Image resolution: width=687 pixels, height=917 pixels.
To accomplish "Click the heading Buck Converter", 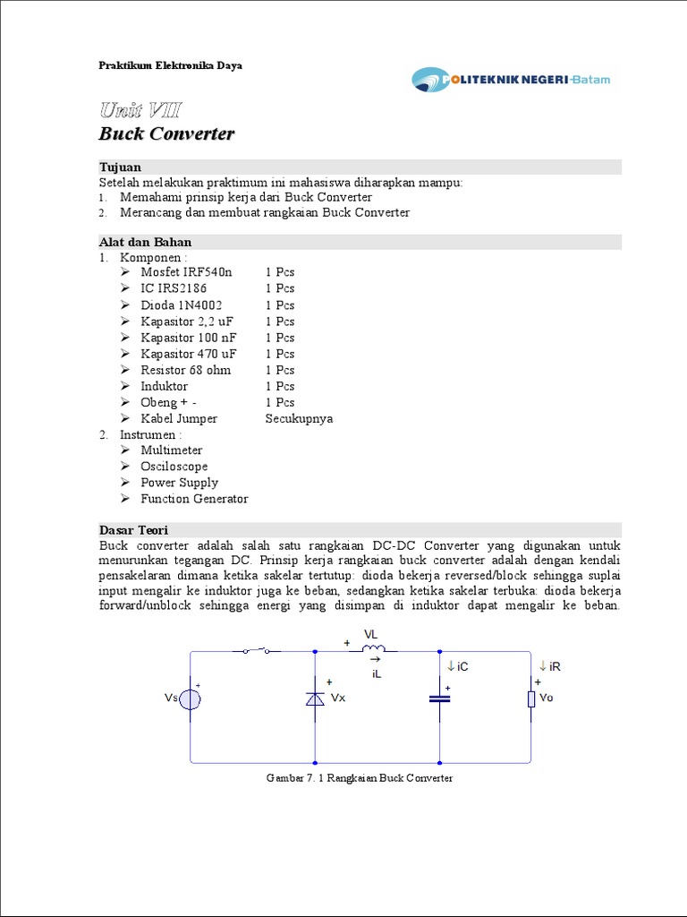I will (x=166, y=134).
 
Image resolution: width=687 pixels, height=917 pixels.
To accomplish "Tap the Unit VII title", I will (x=140, y=111).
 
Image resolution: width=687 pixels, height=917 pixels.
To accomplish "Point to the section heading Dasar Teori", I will (x=133, y=530).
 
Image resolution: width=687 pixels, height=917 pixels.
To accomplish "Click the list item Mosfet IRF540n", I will (x=185, y=272).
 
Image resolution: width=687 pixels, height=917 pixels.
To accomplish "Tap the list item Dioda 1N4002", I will (x=182, y=305).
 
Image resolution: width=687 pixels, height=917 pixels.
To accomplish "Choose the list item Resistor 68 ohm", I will (x=185, y=370).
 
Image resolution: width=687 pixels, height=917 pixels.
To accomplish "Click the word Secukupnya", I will (x=299, y=418).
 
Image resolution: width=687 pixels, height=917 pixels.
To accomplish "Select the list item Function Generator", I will (x=194, y=499).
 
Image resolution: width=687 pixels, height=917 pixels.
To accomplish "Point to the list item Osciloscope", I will (x=174, y=467).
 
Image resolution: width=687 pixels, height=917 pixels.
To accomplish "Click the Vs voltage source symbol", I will (x=191, y=698).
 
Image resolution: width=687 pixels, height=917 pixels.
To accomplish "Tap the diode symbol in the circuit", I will (x=315, y=698).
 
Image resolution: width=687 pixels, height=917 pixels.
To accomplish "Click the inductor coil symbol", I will (x=373, y=648).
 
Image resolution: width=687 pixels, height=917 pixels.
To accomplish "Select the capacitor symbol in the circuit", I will (x=439, y=698).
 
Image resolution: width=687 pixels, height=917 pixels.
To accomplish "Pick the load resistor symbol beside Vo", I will (x=531, y=698).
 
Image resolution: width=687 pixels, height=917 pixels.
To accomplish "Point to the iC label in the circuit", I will (x=458, y=667).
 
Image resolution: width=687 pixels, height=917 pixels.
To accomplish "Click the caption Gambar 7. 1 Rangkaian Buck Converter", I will (x=360, y=778).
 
